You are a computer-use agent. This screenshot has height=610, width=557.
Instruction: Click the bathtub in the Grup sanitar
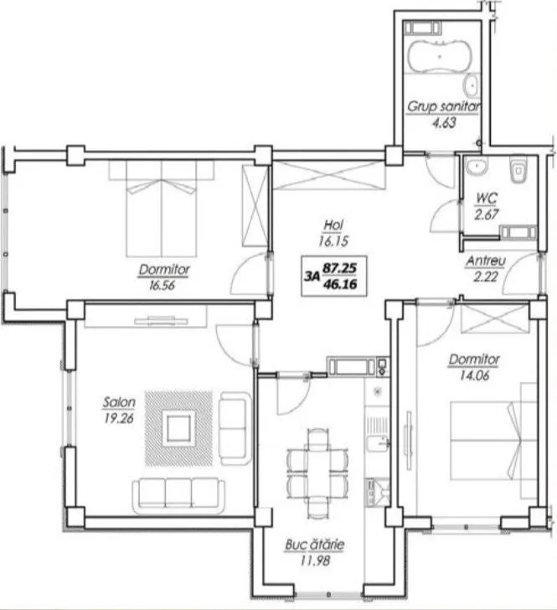point(439,56)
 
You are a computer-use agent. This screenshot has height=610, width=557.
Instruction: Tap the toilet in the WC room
point(518,169)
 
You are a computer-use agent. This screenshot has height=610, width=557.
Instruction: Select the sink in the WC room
point(477,166)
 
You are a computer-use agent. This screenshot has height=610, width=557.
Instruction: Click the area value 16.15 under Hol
point(333,241)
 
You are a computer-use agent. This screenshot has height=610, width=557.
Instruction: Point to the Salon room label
point(119,402)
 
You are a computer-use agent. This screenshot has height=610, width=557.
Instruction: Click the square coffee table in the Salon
point(179,428)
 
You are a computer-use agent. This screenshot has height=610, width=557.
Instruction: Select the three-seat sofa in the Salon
point(178,495)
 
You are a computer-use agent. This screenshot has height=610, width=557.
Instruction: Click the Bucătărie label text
point(315,545)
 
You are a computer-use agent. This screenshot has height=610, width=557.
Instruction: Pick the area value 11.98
point(315,561)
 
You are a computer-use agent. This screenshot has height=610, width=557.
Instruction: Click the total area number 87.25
point(340,267)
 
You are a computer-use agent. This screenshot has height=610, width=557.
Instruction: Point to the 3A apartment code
point(312,277)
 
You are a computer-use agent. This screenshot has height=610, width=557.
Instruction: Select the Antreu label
point(486,261)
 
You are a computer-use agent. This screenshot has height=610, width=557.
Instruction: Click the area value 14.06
point(475,375)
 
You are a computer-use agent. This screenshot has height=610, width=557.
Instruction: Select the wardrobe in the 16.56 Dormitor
point(255,206)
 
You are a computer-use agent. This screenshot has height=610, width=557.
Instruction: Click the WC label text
point(486,199)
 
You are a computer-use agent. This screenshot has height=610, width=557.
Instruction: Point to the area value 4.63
point(444,123)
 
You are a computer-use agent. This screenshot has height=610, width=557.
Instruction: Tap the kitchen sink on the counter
point(378,444)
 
